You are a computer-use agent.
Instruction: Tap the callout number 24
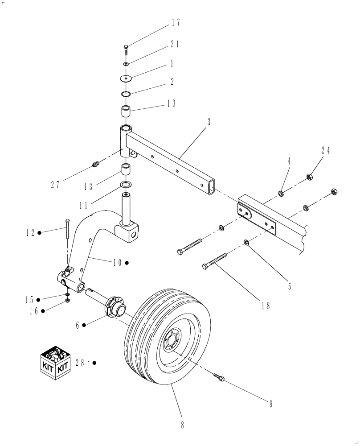[x=326, y=150]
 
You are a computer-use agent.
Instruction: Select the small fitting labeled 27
[x=94, y=165]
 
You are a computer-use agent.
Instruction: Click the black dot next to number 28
[x=94, y=363]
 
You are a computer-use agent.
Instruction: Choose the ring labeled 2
[x=126, y=94]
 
